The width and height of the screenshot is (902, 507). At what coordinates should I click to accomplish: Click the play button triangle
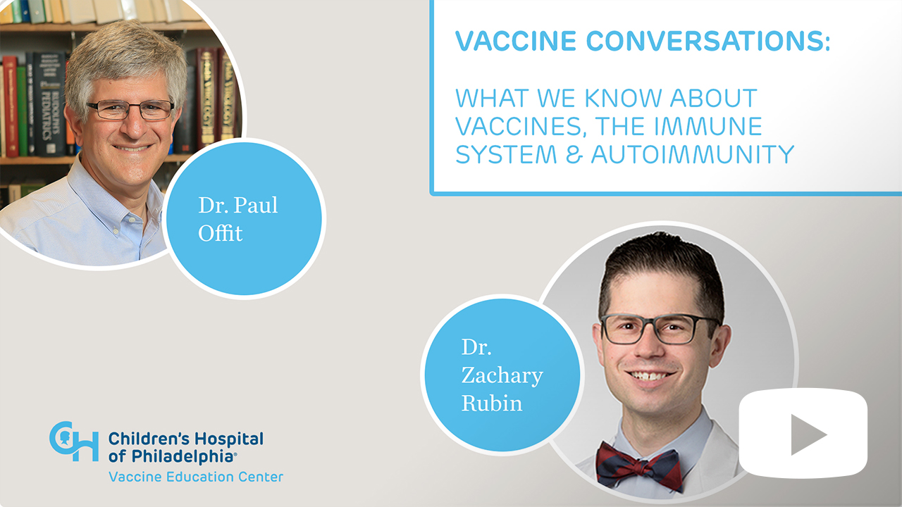pyautogui.click(x=807, y=434)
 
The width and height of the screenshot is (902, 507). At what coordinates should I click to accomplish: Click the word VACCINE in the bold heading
pyautogui.click(x=516, y=41)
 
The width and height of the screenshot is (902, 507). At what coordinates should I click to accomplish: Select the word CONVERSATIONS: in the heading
pyautogui.click(x=708, y=41)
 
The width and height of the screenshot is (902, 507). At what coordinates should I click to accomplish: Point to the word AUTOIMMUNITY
pyautogui.click(x=693, y=154)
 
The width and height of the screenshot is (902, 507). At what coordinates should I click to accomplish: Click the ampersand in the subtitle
pyautogui.click(x=574, y=154)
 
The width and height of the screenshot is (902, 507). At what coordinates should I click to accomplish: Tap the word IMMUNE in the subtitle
pyautogui.click(x=708, y=126)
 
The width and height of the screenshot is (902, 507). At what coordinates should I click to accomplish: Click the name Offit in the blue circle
pyautogui.click(x=221, y=232)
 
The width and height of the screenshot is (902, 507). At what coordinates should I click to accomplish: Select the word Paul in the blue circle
pyautogui.click(x=256, y=205)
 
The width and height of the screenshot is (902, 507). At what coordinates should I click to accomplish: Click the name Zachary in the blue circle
pyautogui.click(x=502, y=376)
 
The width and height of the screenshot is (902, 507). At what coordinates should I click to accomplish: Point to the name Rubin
pyautogui.click(x=492, y=403)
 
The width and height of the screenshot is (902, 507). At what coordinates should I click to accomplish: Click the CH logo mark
pyautogui.click(x=74, y=442)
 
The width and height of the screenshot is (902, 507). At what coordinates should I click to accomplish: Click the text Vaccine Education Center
pyautogui.click(x=196, y=477)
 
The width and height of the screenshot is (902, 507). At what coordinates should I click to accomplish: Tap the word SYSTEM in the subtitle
pyautogui.click(x=506, y=154)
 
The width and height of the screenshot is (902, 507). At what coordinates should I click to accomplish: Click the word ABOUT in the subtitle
pyautogui.click(x=714, y=98)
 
